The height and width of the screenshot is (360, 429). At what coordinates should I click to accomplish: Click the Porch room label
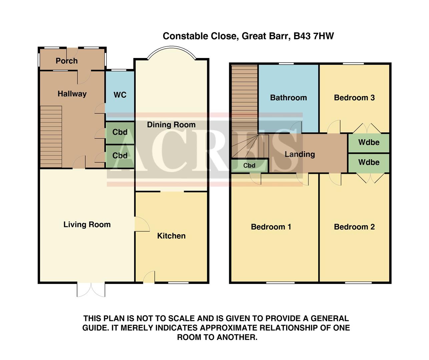coord(67,61)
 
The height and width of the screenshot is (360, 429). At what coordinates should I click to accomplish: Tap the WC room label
coord(120,95)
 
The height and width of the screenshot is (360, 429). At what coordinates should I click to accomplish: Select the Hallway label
coord(72,94)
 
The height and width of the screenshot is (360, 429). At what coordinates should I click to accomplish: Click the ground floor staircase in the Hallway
coord(51,136)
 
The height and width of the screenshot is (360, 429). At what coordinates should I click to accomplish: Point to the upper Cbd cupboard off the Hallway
coord(120,132)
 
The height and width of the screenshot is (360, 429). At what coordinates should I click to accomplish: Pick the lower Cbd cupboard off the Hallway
coord(120,156)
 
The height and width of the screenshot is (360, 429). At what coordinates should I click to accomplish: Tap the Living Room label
coord(87,225)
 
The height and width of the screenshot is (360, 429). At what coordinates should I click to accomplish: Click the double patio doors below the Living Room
coord(91,290)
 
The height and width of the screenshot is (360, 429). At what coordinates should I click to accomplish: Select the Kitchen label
coord(171,236)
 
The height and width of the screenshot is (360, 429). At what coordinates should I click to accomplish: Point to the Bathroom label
coord(288,98)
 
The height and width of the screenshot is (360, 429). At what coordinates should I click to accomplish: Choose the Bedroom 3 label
coord(354,98)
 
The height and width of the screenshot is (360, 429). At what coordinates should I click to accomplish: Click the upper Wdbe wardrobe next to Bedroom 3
coord(369,143)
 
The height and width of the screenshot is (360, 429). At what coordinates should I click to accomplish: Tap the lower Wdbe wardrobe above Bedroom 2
coord(369,163)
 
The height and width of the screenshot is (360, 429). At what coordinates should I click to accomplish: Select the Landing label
coord(300,154)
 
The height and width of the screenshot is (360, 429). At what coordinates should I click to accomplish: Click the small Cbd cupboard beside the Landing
coord(249,166)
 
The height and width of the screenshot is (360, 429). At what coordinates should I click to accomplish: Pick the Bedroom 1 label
coord(271,227)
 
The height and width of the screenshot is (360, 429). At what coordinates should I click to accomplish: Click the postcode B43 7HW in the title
coord(314,36)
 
